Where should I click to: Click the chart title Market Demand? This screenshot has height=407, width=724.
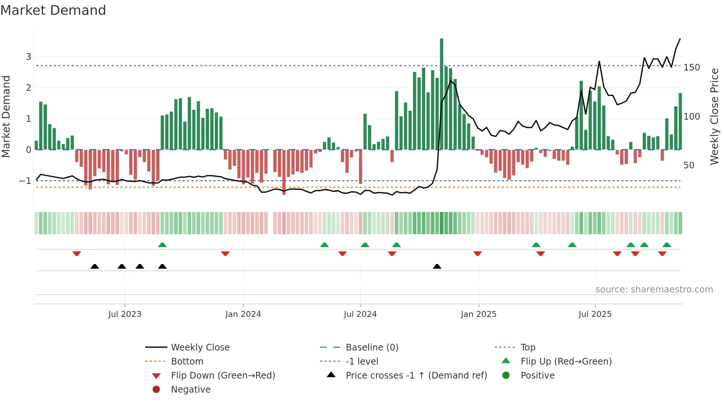click(53, 10)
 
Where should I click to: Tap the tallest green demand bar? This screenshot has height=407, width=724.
click(441, 92)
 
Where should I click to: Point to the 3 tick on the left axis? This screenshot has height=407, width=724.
click(28, 57)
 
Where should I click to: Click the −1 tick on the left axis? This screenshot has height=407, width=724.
click(25, 181)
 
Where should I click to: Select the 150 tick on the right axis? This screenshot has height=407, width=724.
click(691, 68)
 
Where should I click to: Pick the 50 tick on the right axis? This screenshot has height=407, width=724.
click(689, 165)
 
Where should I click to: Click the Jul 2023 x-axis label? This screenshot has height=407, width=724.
click(125, 314)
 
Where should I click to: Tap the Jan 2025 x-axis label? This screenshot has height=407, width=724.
click(478, 314)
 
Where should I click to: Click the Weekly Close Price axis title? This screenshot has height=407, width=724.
click(714, 116)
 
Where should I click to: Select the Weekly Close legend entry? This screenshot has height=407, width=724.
click(200, 348)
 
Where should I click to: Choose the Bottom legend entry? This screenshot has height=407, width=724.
click(187, 362)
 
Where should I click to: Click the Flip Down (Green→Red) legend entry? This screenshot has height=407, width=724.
click(223, 376)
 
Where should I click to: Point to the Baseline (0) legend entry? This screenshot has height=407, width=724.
click(372, 348)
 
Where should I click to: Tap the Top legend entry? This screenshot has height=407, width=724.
click(528, 348)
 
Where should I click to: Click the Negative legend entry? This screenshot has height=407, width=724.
click(191, 390)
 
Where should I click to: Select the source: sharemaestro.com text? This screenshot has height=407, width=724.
click(654, 290)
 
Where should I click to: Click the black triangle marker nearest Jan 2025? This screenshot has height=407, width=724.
click(437, 267)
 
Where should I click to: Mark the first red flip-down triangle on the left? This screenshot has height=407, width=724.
click(77, 253)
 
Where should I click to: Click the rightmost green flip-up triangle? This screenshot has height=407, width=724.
click(667, 245)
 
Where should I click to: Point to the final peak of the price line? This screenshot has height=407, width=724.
click(680, 39)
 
